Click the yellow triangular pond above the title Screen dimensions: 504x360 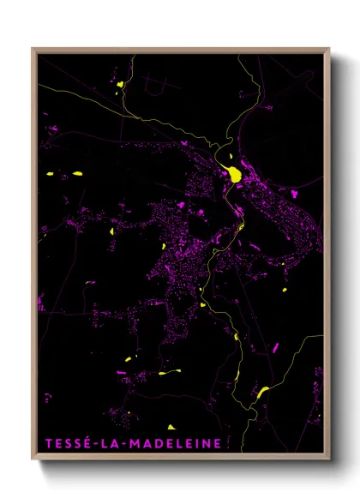171,426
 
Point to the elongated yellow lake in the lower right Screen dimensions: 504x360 262,392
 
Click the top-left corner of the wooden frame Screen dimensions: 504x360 33,49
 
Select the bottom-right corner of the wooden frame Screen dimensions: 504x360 330,461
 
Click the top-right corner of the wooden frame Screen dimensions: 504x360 330,49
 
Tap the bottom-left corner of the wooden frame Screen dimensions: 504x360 33,461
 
